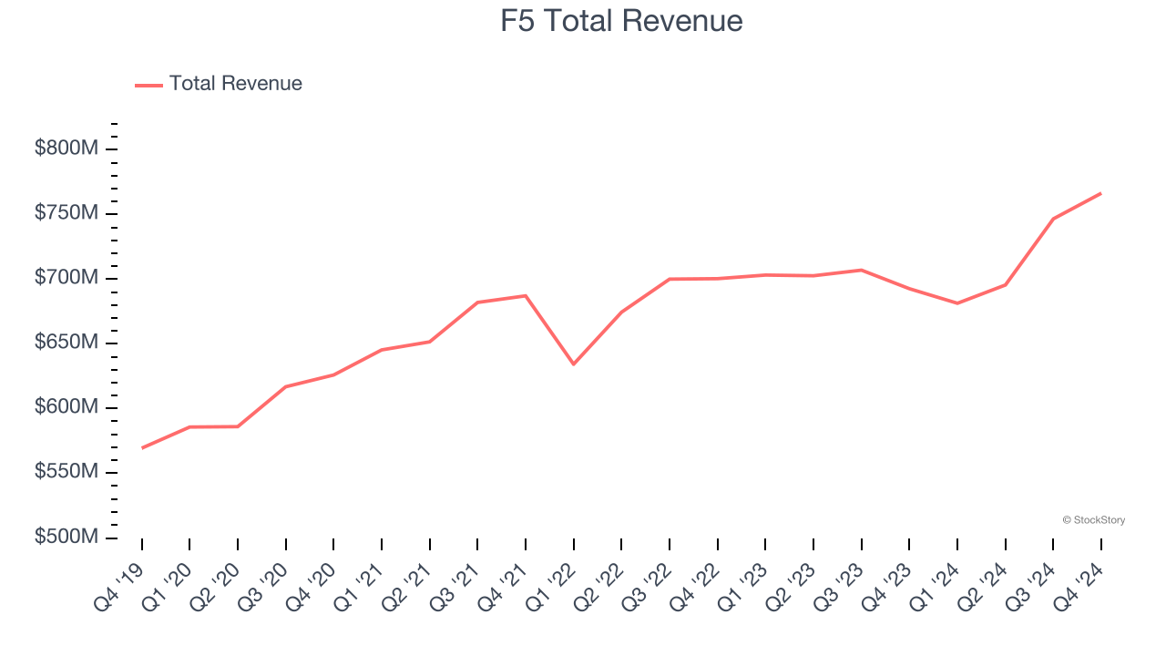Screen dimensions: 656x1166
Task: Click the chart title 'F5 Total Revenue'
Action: coord(621,21)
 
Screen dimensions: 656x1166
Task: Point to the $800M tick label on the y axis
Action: coord(66,149)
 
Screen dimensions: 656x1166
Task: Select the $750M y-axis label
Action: coord(66,213)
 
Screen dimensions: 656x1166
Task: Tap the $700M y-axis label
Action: coord(66,278)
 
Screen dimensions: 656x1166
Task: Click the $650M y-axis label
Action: coord(66,343)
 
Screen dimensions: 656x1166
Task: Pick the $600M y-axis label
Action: coord(66,407)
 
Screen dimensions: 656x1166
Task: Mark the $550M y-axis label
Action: coord(66,472)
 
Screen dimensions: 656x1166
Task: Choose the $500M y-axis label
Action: coord(66,537)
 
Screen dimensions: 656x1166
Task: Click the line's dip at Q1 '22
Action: coord(573,364)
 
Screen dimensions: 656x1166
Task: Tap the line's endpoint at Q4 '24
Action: coord(1100,193)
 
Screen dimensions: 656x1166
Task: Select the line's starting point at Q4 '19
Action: coord(142,448)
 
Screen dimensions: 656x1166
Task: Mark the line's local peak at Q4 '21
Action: coord(526,295)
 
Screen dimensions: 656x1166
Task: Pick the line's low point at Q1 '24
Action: coord(957,303)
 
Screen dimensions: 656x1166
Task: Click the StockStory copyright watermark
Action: coord(1093,520)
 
